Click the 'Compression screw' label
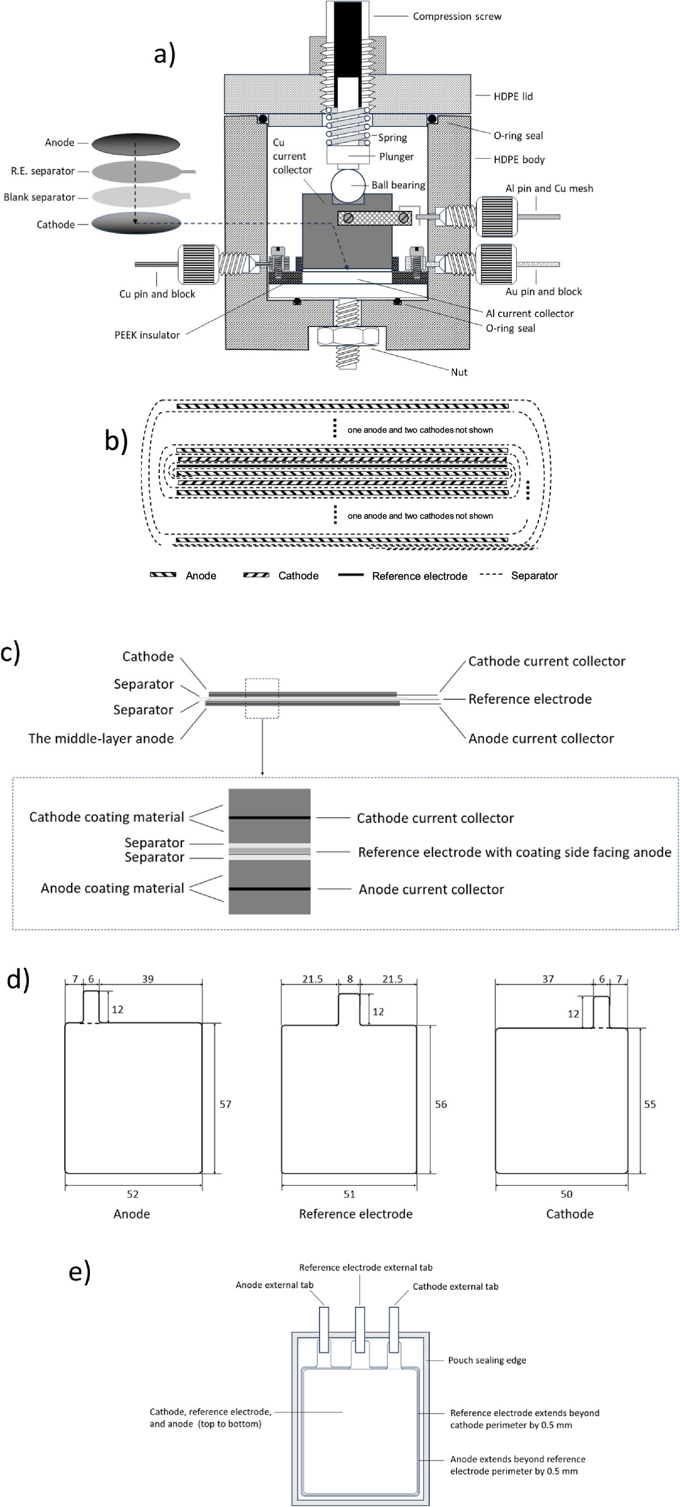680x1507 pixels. [x=457, y=16]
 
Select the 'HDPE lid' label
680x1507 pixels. [x=513, y=97]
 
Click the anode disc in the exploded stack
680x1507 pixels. [x=136, y=144]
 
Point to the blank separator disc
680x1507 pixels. [x=136, y=197]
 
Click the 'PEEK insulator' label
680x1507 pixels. [x=147, y=335]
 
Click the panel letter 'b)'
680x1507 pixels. [x=116, y=441]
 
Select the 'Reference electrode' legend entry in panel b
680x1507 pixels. [x=418, y=576]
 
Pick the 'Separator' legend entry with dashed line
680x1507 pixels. [x=533, y=576]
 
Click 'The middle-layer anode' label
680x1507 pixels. [x=101, y=738]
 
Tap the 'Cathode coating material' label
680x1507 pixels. [x=106, y=817]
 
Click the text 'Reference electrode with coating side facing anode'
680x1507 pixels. [x=515, y=852]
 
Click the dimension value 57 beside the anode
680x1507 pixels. [x=225, y=1104]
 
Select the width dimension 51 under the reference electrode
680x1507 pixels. [x=349, y=1194]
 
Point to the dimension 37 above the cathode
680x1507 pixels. [x=548, y=979]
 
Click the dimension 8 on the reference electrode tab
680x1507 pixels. [x=350, y=979]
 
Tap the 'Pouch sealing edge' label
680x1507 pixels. [x=487, y=1360]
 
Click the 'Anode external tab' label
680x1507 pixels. [x=274, y=1285]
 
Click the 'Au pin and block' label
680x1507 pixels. [x=543, y=291]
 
